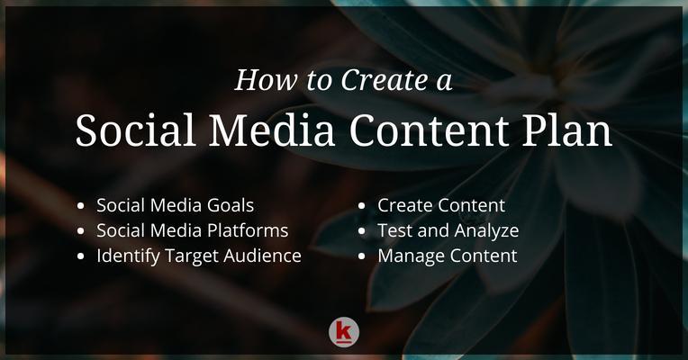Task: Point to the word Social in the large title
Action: pyautogui.click(x=136, y=130)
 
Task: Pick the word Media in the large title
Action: pyautogui.click(x=272, y=130)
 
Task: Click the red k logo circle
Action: pyautogui.click(x=344, y=332)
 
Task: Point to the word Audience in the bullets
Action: pyautogui.click(x=262, y=256)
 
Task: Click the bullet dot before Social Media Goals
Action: pyautogui.click(x=80, y=205)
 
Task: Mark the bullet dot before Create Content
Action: pyautogui.click(x=361, y=205)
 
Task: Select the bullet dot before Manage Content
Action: pyautogui.click(x=361, y=256)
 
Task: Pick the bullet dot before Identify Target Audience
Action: pyautogui.click(x=80, y=256)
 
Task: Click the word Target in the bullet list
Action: pyautogui.click(x=192, y=256)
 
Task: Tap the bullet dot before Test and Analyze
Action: pyautogui.click(x=361, y=230)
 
